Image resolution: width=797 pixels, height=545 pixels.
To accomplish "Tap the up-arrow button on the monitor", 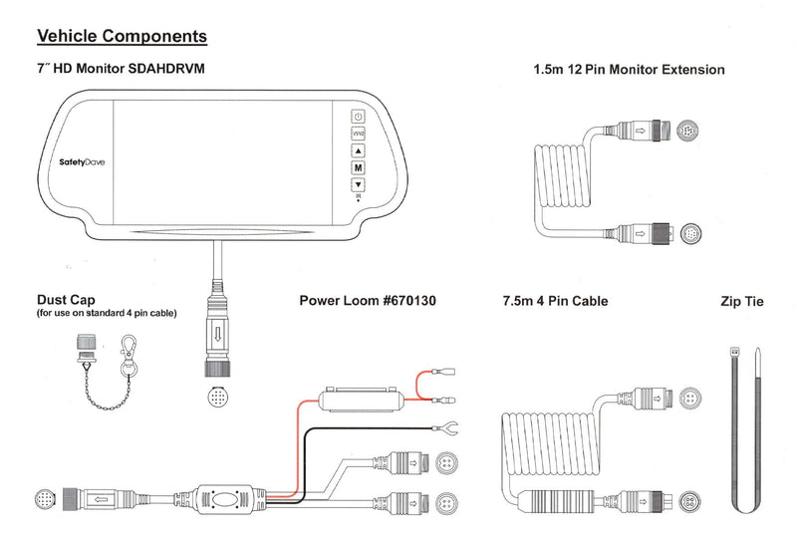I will point(358,150).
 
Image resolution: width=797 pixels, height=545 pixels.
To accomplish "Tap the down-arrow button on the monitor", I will point(358,184).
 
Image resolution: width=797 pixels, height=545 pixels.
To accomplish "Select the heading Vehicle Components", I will point(122,37).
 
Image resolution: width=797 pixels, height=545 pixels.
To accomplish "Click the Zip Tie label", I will point(741,301).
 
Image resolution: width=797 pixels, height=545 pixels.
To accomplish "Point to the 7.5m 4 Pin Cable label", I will point(557,301).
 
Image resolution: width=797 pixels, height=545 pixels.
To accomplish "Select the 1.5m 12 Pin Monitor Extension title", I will point(630,70).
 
